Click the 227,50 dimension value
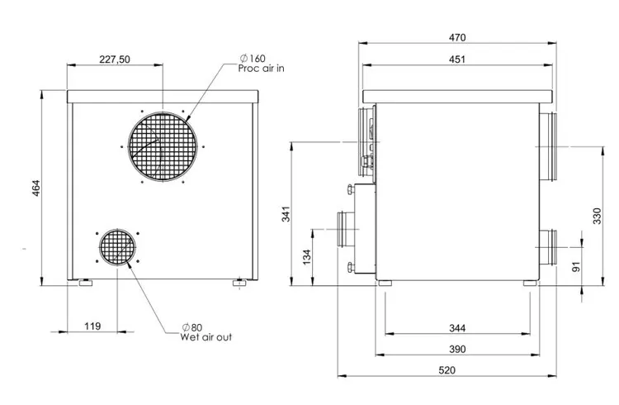point(115,60)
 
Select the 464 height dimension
point(36,188)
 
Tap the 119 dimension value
point(92,326)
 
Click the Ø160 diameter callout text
point(253,59)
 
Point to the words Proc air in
point(261,69)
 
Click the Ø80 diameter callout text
point(192,327)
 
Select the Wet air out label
point(206,337)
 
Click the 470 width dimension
point(457,37)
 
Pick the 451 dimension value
point(457,60)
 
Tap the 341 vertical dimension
point(286,214)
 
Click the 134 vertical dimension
point(307,257)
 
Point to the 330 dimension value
point(597,216)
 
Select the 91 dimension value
point(576,267)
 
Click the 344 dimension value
point(457,328)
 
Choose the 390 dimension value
point(457,350)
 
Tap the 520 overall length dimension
point(447,370)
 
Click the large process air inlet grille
point(163,146)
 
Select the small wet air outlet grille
point(117,248)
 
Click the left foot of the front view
point(86,283)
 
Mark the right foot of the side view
point(530,283)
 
